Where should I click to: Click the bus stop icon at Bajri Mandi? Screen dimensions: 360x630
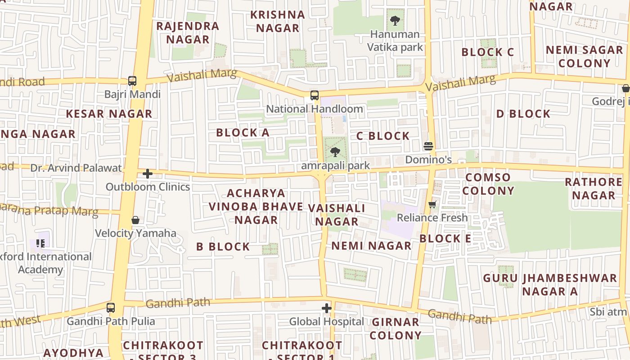pyautogui.click(x=132, y=81)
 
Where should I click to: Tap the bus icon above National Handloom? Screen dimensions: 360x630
pyautogui.click(x=315, y=95)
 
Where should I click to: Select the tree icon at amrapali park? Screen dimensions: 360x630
pyautogui.click(x=335, y=152)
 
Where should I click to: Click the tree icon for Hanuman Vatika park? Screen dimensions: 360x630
pyautogui.click(x=395, y=20)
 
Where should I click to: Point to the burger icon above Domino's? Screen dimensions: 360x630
pyautogui.click(x=428, y=146)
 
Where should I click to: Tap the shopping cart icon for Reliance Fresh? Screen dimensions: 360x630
pyautogui.click(x=432, y=205)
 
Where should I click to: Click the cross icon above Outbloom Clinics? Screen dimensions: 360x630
pyautogui.click(x=148, y=173)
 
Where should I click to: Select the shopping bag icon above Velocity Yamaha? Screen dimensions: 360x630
pyautogui.click(x=135, y=220)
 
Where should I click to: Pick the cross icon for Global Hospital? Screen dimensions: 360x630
pyautogui.click(x=327, y=308)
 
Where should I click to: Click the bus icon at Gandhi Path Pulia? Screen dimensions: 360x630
pyautogui.click(x=111, y=308)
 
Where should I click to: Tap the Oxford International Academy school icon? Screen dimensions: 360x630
pyautogui.click(x=40, y=243)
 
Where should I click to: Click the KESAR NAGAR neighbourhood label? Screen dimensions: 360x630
pyautogui.click(x=109, y=114)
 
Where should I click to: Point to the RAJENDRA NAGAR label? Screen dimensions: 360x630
pyautogui.click(x=188, y=33)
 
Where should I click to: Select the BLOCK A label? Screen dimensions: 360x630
pyautogui.click(x=243, y=133)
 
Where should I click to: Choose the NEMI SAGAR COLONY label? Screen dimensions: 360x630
pyautogui.click(x=584, y=57)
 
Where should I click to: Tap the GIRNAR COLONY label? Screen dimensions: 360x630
pyautogui.click(x=396, y=329)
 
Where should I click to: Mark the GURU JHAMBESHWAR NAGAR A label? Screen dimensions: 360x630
pyautogui.click(x=550, y=285)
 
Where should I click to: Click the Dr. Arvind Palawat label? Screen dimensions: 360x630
pyautogui.click(x=76, y=168)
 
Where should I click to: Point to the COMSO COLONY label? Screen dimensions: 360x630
pyautogui.click(x=488, y=184)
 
